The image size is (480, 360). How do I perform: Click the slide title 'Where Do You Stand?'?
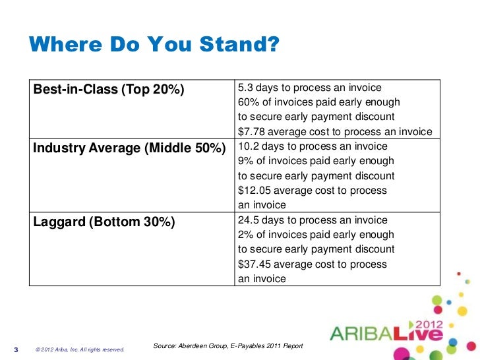coord(155,45)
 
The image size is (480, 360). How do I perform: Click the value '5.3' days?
coord(245,88)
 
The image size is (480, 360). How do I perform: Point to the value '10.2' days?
coord(249,146)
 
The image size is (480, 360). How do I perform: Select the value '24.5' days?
coord(249,220)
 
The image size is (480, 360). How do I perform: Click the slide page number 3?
coord(16,349)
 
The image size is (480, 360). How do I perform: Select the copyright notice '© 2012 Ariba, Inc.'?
coord(79,349)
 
